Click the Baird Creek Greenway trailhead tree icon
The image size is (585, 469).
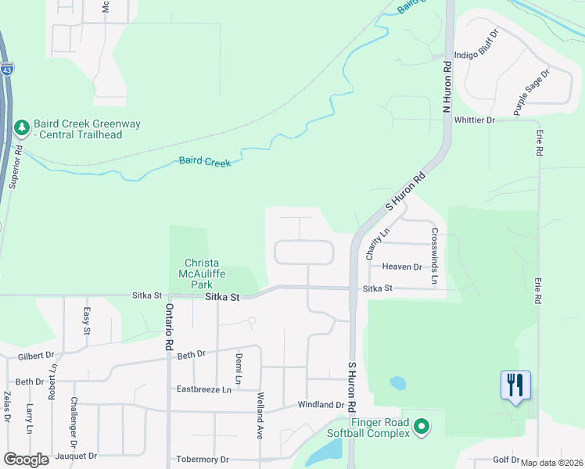tap(21, 127)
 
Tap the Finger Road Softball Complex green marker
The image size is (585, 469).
tap(422, 427)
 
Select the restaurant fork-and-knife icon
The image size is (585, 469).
tap(515, 385)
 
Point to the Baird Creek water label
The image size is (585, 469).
tap(205, 162)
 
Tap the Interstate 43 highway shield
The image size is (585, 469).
tap(7, 69)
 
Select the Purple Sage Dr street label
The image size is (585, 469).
tap(532, 92)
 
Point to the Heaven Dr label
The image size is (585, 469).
tap(402, 267)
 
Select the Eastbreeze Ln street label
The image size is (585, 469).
tap(204, 388)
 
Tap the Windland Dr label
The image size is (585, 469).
tap(321, 405)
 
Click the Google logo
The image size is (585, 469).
tap(26, 460)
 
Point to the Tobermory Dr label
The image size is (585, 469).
tap(203, 460)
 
